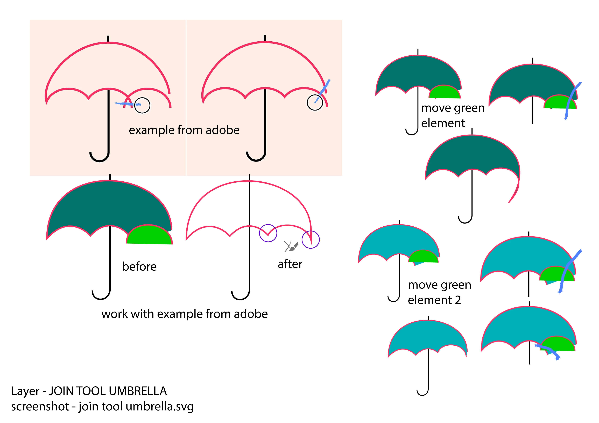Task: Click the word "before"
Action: (x=139, y=267)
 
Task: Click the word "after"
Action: (x=290, y=264)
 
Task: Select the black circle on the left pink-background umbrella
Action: (x=142, y=105)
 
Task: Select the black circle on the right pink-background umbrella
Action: (x=315, y=102)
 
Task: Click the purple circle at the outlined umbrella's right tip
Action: (x=311, y=240)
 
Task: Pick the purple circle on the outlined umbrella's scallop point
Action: (x=268, y=233)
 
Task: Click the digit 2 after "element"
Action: (x=458, y=300)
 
